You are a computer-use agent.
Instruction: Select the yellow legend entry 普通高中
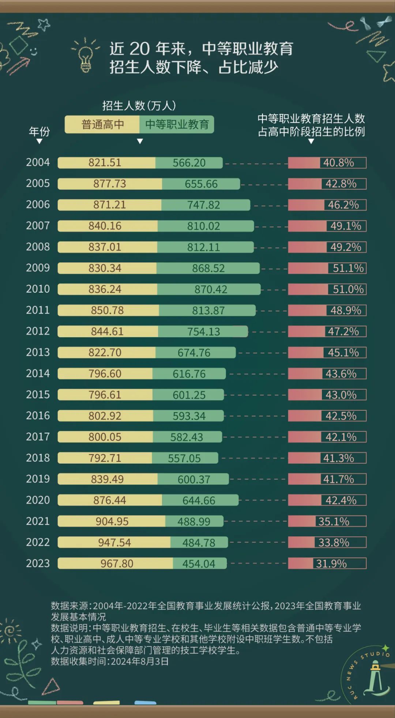pyautogui.click(x=102, y=125)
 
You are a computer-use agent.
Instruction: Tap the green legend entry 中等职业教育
pyautogui.click(x=177, y=125)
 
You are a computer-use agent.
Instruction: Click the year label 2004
pyautogui.click(x=38, y=162)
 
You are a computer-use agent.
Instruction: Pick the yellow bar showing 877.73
pyautogui.click(x=110, y=184)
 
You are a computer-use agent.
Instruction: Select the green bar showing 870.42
pyautogui.click(x=209, y=289)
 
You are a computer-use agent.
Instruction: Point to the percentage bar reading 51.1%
pyautogui.click(x=327, y=268)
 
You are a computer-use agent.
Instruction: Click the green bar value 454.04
pyautogui.click(x=199, y=563)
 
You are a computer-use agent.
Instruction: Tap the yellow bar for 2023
pyautogui.click(x=116, y=563)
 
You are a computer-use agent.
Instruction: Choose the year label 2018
pyautogui.click(x=38, y=458)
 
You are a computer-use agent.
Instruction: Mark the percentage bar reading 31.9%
pyautogui.click(x=327, y=563)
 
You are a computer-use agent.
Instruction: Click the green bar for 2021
pyautogui.click(x=194, y=521)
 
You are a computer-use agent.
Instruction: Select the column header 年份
pyautogui.click(x=39, y=132)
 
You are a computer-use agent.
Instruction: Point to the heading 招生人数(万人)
pyautogui.click(x=139, y=106)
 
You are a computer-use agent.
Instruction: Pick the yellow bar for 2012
pyautogui.click(x=108, y=331)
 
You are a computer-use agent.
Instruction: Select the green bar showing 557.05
pyautogui.click(x=185, y=458)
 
